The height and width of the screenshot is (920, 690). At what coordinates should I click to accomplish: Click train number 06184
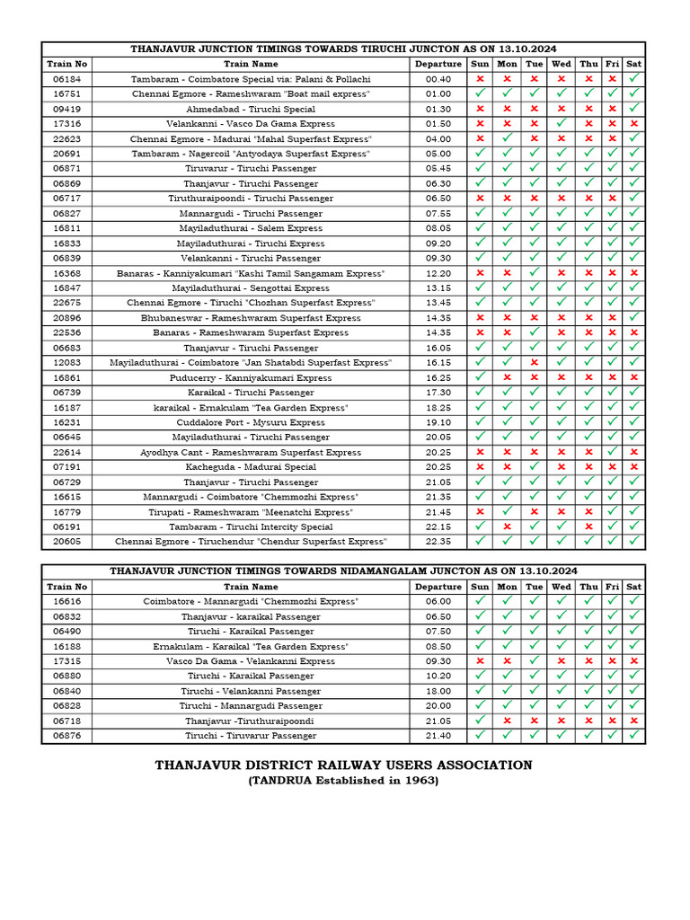66,79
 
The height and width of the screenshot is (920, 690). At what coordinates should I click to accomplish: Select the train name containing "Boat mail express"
251,93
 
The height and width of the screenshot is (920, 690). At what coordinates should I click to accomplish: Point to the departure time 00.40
438,79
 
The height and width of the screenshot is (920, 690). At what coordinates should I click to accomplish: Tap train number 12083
66,363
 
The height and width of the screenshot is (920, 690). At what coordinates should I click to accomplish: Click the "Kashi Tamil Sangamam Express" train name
251,273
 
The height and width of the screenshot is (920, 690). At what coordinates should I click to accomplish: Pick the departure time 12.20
438,273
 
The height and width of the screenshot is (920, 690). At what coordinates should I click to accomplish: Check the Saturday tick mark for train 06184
634,79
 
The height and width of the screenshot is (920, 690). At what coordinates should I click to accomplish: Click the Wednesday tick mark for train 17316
562,124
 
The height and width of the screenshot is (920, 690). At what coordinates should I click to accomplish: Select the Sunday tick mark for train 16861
480,377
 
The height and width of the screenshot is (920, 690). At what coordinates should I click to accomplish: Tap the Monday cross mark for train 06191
508,526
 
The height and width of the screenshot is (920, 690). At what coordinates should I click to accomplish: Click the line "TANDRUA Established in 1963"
343,781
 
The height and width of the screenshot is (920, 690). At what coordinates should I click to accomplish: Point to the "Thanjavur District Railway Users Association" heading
343,765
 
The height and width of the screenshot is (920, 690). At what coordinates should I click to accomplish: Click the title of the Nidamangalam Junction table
343,571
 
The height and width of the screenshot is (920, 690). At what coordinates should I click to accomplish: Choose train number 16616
66,601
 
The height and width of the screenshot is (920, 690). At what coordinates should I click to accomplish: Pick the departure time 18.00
438,691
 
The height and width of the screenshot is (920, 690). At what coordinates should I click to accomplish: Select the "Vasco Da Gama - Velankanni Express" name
251,661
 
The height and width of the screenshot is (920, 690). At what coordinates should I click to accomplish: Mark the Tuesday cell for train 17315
535,661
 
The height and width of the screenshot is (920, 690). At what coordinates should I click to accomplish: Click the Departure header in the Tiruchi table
438,64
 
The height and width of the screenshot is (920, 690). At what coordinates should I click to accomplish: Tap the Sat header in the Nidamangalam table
634,587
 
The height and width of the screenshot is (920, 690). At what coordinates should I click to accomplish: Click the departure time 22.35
438,542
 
